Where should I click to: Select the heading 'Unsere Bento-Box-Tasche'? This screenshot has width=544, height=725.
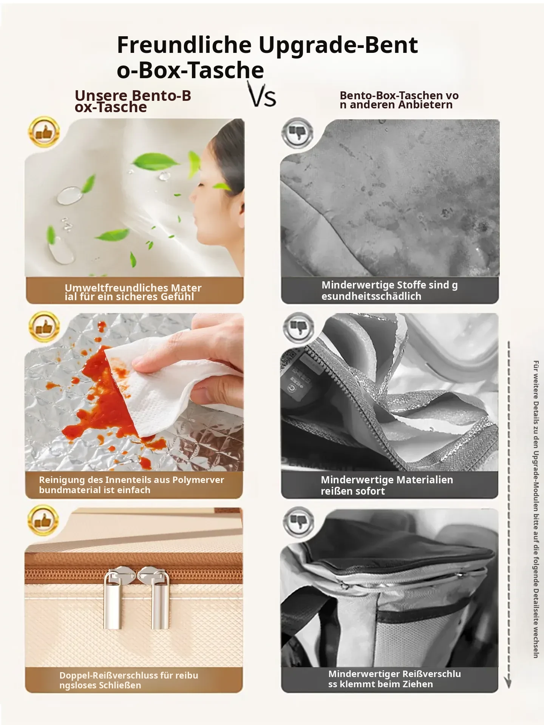point(133,101)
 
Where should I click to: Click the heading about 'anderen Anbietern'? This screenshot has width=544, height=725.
point(399,100)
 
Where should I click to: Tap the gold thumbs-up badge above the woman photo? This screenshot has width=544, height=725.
point(44,132)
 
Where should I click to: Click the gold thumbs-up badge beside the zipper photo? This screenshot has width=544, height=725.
point(43,521)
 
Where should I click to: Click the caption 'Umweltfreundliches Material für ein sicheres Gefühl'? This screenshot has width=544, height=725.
point(133,292)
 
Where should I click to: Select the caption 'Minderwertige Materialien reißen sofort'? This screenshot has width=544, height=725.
point(387,485)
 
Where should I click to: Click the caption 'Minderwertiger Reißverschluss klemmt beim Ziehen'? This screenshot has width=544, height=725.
point(394,679)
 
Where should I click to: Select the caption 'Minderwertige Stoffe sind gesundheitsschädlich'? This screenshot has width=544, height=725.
point(389,290)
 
